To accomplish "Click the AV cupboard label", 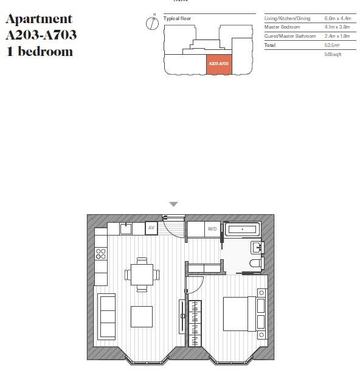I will click(152, 228).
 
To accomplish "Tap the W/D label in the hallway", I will click(212, 229).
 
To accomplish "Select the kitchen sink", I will click(126, 228).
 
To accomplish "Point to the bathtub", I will click(243, 229).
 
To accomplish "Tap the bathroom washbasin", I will click(257, 246).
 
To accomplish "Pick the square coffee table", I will click(142, 316).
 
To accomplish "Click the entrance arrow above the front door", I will click(173, 204).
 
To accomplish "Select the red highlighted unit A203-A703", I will click(218, 63).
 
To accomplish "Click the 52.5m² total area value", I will click(331, 45).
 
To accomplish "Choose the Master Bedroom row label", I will click(282, 27).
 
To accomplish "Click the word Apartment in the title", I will click(38, 19).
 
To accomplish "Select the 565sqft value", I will click(333, 54).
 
